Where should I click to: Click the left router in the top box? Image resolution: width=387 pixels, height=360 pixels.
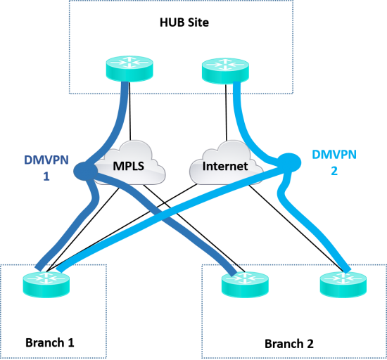129,68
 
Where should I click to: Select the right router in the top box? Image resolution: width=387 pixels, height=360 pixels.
225,70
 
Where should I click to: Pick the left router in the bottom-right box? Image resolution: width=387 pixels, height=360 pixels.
245,283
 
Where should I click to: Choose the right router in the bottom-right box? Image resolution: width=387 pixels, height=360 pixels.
343,283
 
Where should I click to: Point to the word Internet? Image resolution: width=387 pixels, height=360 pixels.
225,167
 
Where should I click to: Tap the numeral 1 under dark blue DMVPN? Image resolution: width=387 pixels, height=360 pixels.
46,176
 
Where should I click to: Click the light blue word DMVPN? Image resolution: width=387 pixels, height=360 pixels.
334,155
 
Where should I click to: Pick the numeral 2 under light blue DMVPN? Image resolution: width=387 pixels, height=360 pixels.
334,170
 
